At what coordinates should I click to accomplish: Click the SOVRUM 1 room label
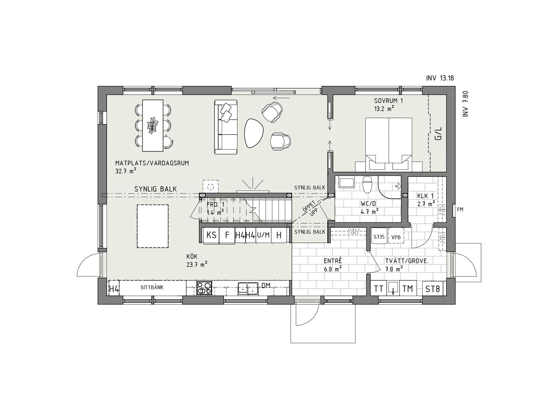click(388, 101)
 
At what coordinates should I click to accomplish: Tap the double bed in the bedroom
click(388, 144)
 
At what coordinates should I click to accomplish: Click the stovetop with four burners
click(204, 288)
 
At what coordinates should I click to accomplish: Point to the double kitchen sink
click(247, 288)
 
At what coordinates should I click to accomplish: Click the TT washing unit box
click(378, 289)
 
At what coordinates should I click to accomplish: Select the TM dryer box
click(408, 289)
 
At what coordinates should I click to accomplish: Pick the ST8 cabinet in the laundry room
click(433, 289)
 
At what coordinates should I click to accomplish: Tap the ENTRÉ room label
click(333, 261)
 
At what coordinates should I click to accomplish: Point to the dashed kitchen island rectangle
click(153, 226)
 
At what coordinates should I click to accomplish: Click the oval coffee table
click(254, 133)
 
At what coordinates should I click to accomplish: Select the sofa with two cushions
click(225, 127)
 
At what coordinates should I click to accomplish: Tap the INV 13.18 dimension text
click(440, 78)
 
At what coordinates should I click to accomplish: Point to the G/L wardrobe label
click(438, 133)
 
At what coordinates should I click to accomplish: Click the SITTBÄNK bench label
click(152, 287)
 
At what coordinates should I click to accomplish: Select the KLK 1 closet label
click(425, 196)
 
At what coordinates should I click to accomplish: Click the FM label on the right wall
click(460, 210)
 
